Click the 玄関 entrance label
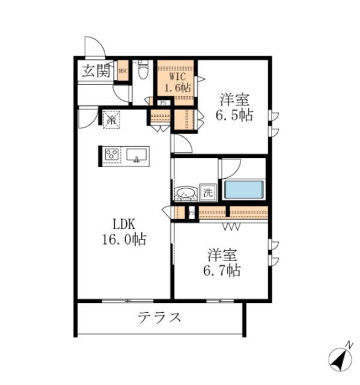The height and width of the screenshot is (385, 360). (96, 71)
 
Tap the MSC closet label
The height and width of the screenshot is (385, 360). (123, 72)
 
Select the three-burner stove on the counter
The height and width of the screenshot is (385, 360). (112, 155)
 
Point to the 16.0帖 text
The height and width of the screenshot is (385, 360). (123, 239)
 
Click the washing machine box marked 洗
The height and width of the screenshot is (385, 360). (207, 193)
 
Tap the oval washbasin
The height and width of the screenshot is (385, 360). (185, 194)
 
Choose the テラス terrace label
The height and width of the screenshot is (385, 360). (159, 317)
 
